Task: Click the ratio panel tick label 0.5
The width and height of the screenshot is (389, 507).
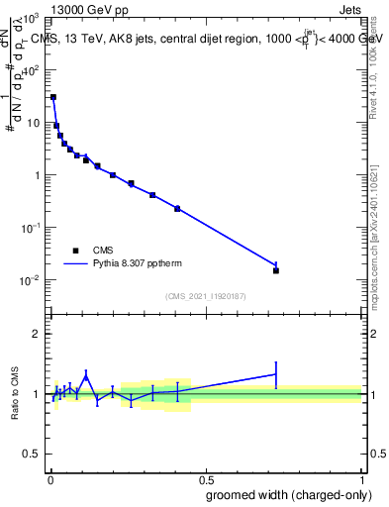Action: pyautogui.click(x=33, y=455)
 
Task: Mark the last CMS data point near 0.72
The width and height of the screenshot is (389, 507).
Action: pyautogui.click(x=276, y=270)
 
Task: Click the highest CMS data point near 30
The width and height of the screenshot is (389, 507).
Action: pyautogui.click(x=53, y=97)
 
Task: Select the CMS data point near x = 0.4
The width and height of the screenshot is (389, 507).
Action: pyautogui.click(x=177, y=209)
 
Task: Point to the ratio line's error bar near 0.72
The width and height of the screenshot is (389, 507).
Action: pyautogui.click(x=276, y=373)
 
